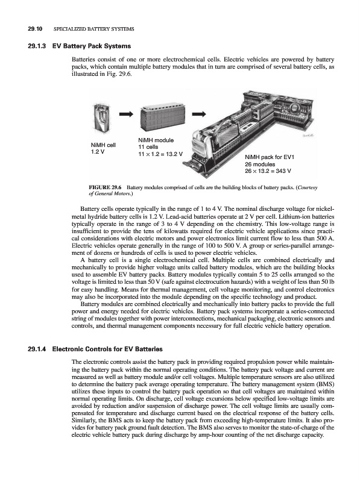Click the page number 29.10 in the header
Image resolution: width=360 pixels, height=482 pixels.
(34, 29)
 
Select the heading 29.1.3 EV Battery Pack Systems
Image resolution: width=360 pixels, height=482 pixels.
(79, 46)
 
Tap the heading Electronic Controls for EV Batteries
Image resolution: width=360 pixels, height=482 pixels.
(107, 349)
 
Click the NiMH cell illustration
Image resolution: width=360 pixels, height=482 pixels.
(101, 117)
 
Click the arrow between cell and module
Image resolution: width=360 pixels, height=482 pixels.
(127, 114)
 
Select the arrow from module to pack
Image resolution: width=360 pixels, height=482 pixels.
(199, 114)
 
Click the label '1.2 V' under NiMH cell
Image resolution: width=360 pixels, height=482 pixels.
(98, 152)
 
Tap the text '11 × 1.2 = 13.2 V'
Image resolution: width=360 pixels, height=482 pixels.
(160, 154)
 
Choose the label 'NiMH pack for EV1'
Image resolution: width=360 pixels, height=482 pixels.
(270, 157)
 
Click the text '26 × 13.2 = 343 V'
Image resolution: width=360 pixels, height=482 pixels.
(268, 171)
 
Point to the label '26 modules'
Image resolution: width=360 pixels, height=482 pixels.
(260, 164)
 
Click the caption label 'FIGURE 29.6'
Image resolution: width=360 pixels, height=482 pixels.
(106, 187)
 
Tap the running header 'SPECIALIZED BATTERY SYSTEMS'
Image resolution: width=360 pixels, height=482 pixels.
(94, 29)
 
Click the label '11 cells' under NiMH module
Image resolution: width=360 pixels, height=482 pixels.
(148, 147)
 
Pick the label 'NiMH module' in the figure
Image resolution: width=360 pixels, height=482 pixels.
(156, 140)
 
